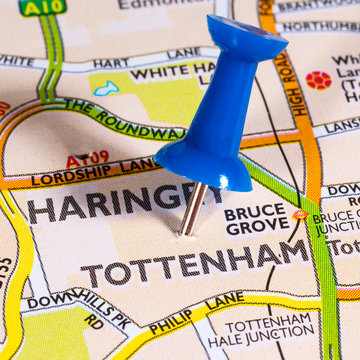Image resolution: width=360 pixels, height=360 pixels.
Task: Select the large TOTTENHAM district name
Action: click(x=196, y=264)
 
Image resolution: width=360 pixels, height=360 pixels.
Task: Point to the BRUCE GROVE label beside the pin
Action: click(x=254, y=221)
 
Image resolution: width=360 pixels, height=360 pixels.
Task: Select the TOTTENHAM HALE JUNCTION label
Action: click(x=270, y=334)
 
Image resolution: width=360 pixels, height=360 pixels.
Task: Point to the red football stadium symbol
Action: click(x=318, y=80)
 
